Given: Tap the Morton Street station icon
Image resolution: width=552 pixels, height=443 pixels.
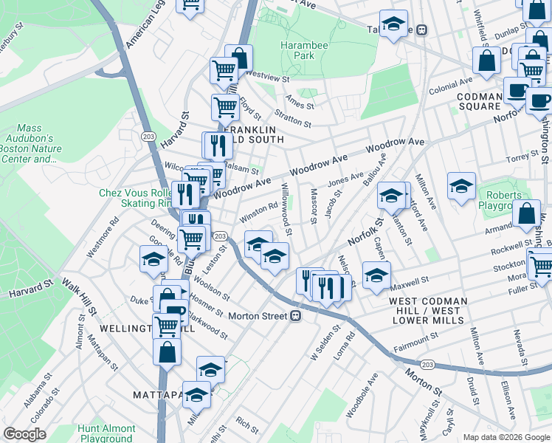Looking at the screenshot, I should point(295,316).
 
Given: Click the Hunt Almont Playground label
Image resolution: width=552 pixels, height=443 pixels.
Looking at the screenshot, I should point(107,433).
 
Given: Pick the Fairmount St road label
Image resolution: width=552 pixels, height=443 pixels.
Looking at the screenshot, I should point(417,340).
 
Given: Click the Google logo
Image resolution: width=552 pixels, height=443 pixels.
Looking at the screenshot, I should point(25,434).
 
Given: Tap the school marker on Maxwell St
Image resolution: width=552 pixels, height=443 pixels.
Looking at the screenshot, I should point(376,273).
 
